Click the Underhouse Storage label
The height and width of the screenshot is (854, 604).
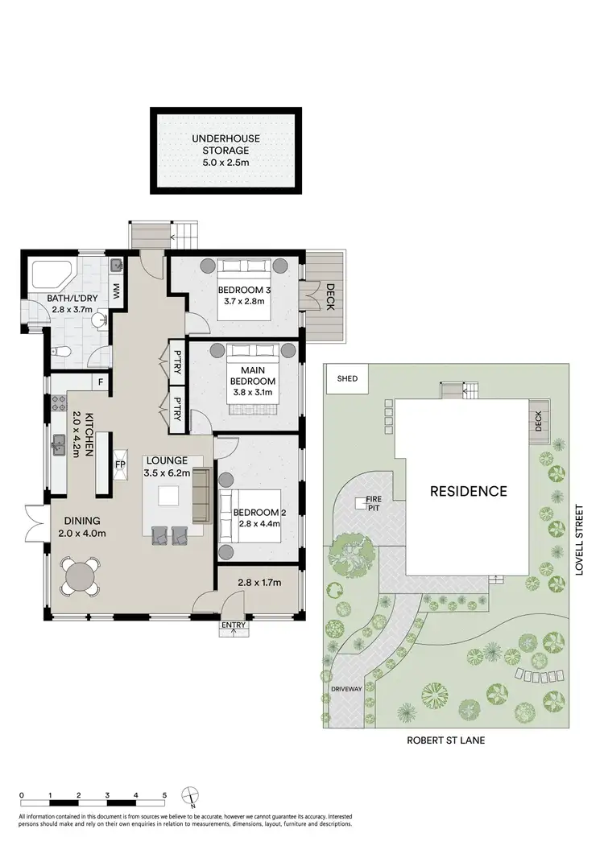[x=225, y=138]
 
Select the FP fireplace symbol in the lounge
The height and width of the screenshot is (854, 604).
[x=121, y=464]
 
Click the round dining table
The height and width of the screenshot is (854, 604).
[x=81, y=576]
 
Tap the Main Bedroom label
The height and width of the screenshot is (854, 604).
[x=254, y=376]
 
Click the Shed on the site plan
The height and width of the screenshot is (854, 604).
[x=347, y=378]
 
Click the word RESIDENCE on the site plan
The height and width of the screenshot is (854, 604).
[x=467, y=490]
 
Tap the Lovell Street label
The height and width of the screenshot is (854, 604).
[x=578, y=545]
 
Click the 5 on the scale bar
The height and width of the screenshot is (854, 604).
[x=164, y=794]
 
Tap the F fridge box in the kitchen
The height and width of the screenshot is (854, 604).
[x=101, y=382]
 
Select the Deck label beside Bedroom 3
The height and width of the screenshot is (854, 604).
[x=329, y=297]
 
